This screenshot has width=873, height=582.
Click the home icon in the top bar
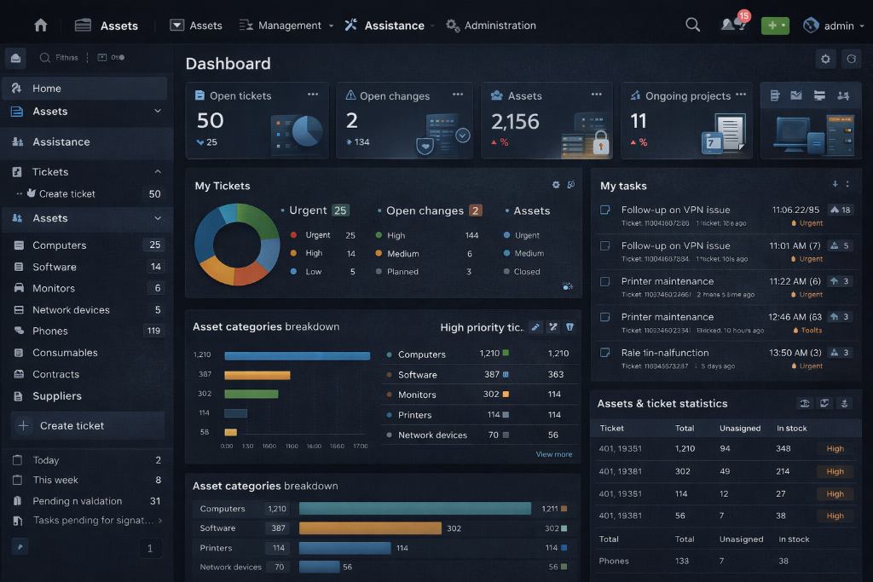40,26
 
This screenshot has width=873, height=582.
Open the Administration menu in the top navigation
500,26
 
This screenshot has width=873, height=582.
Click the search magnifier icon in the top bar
692,26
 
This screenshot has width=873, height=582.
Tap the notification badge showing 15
743,16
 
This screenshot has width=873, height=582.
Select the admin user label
839,26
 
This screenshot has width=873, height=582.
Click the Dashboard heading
228,63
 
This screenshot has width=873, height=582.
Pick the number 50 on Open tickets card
210,121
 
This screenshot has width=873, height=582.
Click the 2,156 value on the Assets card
515,121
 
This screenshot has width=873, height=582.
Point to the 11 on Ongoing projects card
639,121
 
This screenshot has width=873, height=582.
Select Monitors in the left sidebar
54,288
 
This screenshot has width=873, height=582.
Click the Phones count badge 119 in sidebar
153,331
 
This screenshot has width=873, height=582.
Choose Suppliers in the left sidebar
57,395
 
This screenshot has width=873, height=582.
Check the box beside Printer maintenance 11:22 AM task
604,281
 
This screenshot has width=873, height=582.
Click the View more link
553,454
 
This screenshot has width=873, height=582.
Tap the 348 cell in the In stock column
783,448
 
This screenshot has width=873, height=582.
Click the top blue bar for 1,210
297,355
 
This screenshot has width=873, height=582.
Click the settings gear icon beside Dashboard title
824,59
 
